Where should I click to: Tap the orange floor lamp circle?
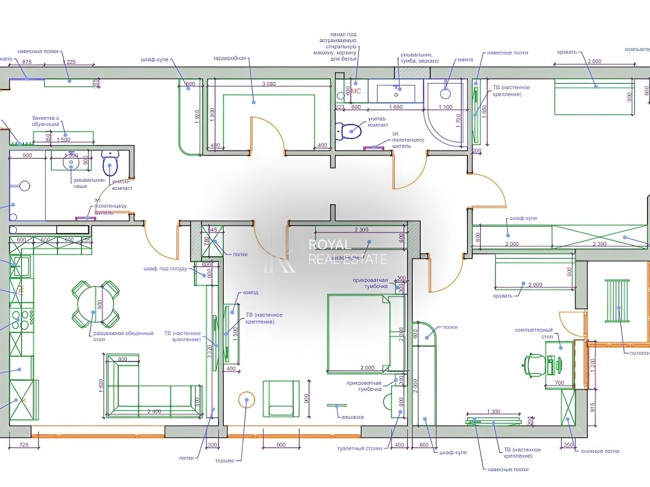[x=247, y=400]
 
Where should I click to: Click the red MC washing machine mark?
[x=355, y=91]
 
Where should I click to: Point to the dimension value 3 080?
[x=269, y=84]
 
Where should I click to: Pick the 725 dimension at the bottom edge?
[x=24, y=445]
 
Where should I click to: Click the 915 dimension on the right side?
[x=593, y=407]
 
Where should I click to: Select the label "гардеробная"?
[x=230, y=58]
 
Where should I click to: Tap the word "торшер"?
[x=225, y=461]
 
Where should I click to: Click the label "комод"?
[x=251, y=293]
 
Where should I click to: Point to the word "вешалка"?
[x=353, y=417]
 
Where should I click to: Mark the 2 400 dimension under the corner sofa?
[x=154, y=412]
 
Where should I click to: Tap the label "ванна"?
[x=465, y=60]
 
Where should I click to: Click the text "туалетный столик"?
[x=360, y=448]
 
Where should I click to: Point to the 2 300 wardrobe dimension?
[x=361, y=230]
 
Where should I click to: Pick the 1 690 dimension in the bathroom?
[x=396, y=107]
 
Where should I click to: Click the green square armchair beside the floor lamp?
[x=281, y=399]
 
